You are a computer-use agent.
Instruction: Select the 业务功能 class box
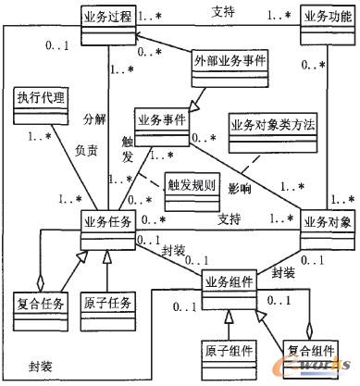point(327,19)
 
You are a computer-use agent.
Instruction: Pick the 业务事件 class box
point(163,119)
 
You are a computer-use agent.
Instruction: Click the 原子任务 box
point(109,302)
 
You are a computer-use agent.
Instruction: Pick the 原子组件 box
point(227,354)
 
